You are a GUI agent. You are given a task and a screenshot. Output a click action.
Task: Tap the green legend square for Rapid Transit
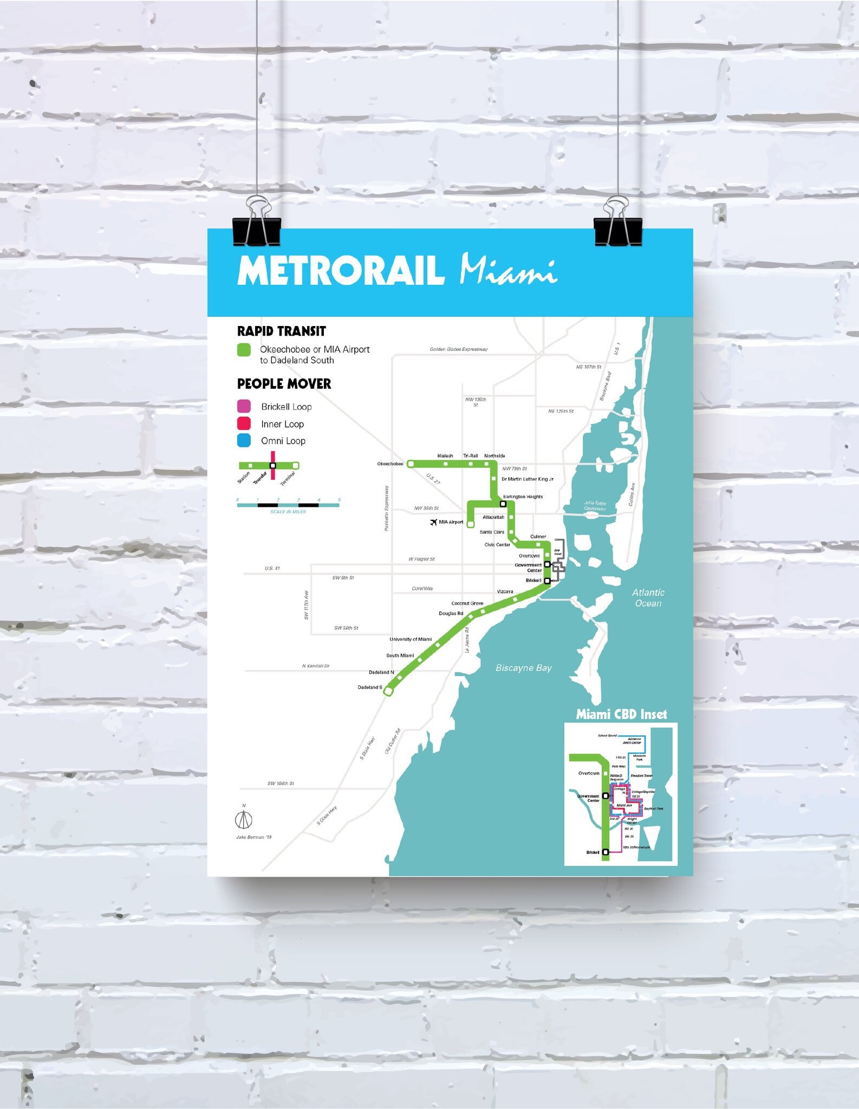point(244,350)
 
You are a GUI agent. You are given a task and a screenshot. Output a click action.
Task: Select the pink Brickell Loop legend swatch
point(244,406)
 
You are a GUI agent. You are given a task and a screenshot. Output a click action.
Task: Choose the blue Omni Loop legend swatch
point(244,440)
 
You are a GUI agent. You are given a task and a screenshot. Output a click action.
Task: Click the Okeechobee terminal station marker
point(411,464)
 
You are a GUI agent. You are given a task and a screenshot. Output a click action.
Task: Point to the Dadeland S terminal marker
point(388,691)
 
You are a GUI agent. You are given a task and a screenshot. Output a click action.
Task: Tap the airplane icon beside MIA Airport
point(433,522)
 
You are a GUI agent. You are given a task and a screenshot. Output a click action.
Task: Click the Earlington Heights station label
point(523,497)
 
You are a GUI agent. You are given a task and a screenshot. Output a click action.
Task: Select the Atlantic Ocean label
point(648,598)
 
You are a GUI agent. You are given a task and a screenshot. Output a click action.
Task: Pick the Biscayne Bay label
point(523,668)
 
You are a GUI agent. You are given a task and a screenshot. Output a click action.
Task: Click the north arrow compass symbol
point(244,820)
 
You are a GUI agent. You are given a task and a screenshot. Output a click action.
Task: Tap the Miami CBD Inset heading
point(621,714)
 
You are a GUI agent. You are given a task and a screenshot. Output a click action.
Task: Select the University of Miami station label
point(411,639)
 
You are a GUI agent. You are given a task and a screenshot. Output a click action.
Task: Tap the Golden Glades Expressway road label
point(459,349)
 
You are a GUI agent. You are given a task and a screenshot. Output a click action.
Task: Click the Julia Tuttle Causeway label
point(595,506)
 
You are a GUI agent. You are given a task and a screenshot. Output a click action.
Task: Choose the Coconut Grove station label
point(467,603)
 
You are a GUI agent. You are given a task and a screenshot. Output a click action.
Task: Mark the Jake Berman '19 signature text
point(253,837)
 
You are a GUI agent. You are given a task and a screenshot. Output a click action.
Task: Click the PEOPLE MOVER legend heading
point(284,384)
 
